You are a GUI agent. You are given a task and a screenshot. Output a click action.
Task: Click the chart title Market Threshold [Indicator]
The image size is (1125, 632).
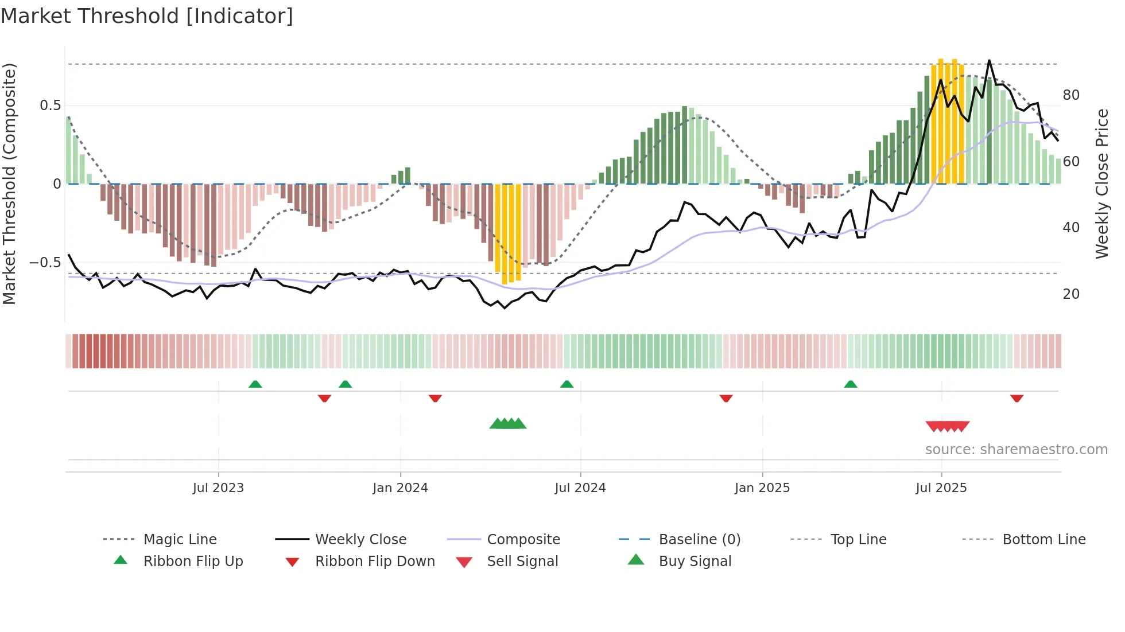(x=147, y=16)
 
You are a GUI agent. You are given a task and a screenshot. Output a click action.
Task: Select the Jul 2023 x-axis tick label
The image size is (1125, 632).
(x=218, y=488)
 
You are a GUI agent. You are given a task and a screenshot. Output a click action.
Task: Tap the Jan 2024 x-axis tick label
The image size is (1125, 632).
(x=400, y=488)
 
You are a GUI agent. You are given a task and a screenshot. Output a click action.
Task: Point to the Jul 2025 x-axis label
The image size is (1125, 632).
(x=941, y=488)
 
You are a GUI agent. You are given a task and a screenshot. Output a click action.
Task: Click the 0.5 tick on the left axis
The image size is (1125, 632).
(x=50, y=106)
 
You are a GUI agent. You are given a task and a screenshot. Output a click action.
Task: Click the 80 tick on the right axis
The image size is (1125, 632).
(x=1071, y=95)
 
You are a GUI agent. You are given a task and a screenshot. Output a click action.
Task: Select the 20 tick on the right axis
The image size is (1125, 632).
(x=1071, y=294)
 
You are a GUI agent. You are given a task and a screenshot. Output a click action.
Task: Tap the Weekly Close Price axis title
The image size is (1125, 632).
(x=1101, y=184)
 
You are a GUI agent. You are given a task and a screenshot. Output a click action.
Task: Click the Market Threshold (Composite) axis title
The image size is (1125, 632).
(x=9, y=184)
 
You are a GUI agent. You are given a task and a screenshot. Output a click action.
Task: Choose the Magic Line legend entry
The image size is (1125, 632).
(x=180, y=540)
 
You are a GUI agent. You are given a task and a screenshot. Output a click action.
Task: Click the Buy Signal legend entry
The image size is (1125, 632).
(x=695, y=561)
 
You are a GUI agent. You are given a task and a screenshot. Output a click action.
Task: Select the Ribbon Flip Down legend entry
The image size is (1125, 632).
(x=374, y=561)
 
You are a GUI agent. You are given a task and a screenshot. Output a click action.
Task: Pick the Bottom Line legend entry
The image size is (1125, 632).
(x=1043, y=540)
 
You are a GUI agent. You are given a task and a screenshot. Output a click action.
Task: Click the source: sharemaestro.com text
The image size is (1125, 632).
(x=1016, y=450)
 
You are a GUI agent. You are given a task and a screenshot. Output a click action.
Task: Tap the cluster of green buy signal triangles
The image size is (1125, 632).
(x=508, y=424)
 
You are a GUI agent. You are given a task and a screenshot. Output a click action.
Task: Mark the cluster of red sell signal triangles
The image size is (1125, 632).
(x=948, y=427)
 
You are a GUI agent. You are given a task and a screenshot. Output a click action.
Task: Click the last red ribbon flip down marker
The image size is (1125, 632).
(x=1017, y=398)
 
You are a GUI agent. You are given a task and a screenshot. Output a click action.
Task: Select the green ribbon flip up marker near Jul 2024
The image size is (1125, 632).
(x=567, y=384)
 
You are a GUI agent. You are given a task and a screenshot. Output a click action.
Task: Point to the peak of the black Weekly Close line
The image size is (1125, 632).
(x=989, y=61)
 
